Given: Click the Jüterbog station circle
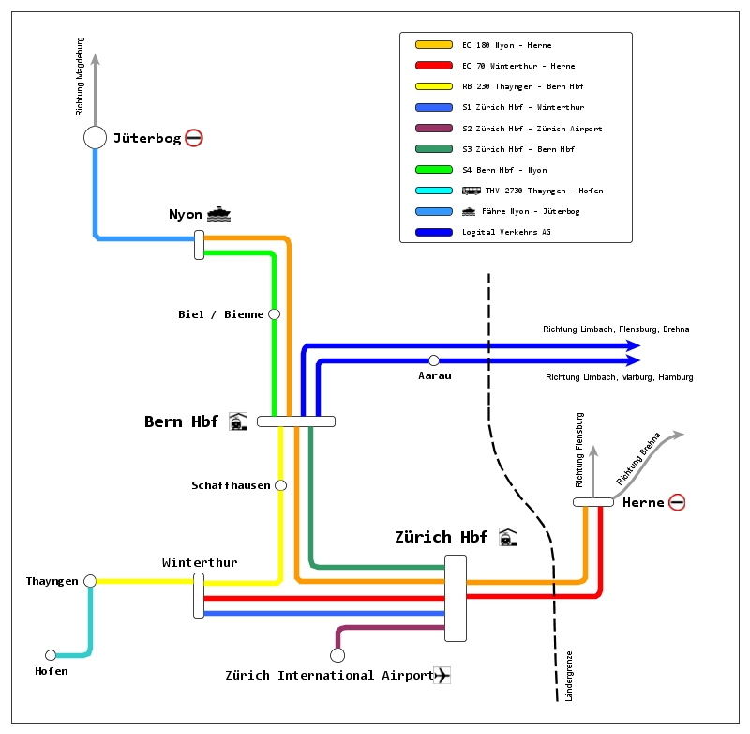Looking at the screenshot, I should coord(95,138).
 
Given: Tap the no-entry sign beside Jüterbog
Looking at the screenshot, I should coord(194,138).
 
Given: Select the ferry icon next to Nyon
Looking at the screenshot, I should coord(218,214).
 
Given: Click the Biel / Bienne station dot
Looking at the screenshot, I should coord(274,314).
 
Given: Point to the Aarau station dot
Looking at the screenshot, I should coord(434,360).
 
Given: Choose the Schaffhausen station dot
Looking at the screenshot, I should coord(280,485).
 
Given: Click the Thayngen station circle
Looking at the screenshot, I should coord(90,581).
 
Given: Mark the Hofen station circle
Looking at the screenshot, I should coord(51,655).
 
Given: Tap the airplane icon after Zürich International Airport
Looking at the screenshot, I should coord(442,675).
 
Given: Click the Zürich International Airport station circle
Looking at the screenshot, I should coord(337,654).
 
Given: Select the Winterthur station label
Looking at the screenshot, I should coord(200,563).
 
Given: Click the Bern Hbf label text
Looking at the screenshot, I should coord(181,421).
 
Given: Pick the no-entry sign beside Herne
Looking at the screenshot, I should coord(677,502).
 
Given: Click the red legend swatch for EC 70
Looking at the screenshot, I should coord(433,66).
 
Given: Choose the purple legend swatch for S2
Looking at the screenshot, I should coord(433,129).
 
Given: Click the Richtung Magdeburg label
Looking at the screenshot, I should coord(81,77).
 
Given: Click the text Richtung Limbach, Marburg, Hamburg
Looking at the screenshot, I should coord(620,377).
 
